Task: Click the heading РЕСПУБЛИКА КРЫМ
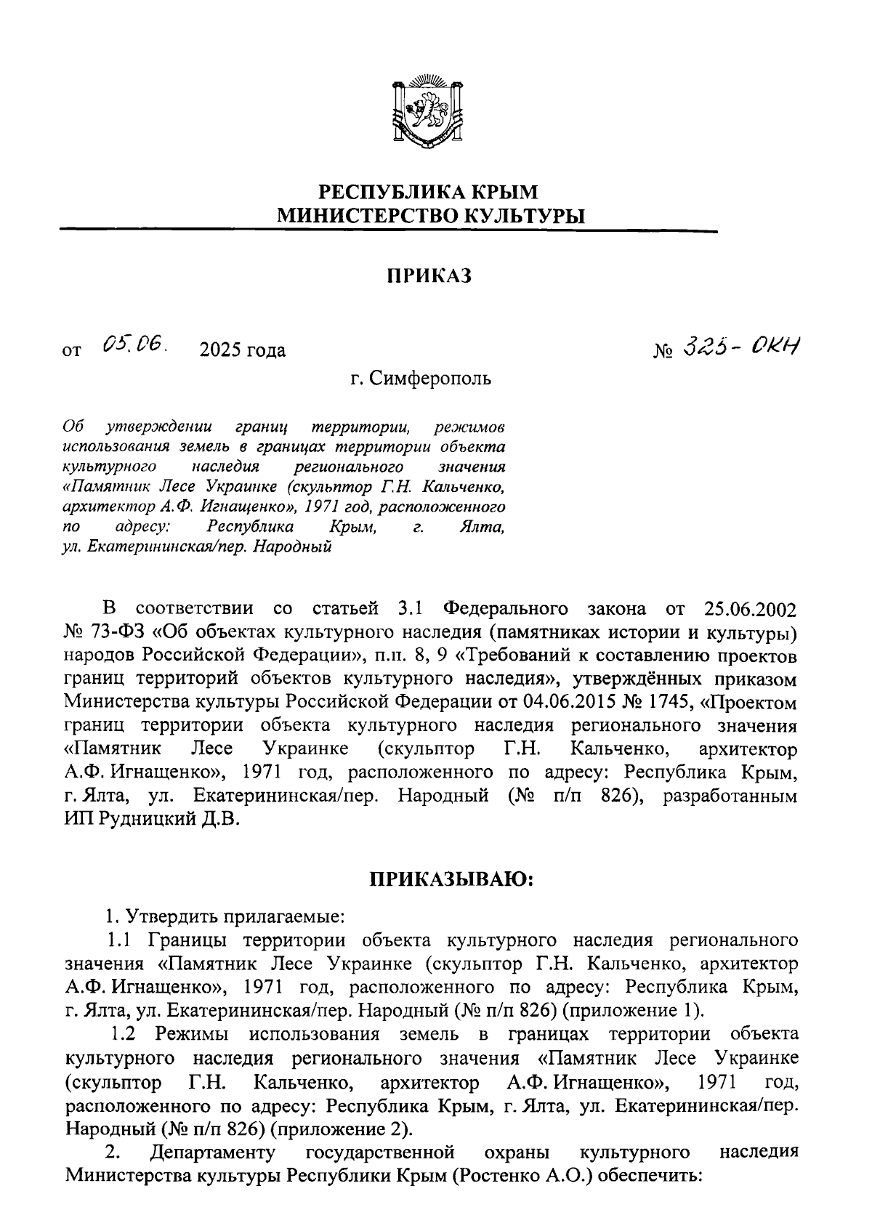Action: coord(429,193)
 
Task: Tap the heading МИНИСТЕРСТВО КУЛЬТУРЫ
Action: coord(429,215)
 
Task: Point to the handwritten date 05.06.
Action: coord(134,344)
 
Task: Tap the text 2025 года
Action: coord(243,350)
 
